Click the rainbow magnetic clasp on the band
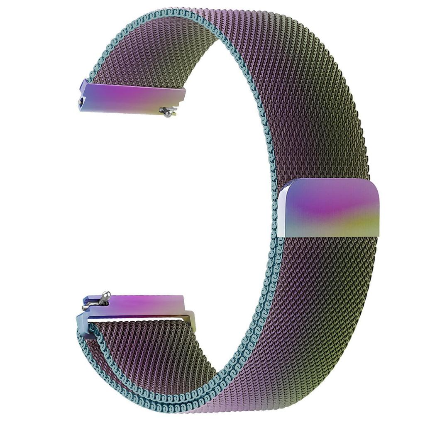coord(330,208)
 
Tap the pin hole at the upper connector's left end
coord(81,101)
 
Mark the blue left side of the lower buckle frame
coord(81,322)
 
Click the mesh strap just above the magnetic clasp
coord(328,162)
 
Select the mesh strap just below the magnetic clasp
coord(328,257)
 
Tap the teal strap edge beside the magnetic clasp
coord(275,208)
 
